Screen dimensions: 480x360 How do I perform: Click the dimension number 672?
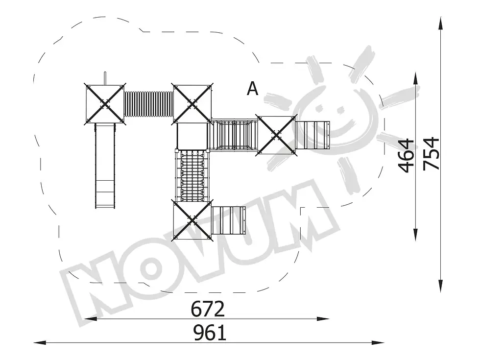(x=208, y=309)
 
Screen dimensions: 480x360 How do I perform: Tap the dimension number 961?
(x=210, y=333)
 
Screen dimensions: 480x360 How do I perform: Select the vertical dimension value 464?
(x=406, y=156)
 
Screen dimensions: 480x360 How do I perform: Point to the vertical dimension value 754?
(x=431, y=154)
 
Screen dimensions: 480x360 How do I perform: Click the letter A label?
(x=253, y=89)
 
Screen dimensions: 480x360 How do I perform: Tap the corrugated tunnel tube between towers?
(x=149, y=103)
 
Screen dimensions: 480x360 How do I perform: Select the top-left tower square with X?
(x=105, y=104)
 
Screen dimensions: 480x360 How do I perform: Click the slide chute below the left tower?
(x=105, y=166)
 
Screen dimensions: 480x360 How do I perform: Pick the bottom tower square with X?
(x=192, y=220)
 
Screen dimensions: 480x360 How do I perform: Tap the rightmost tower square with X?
(x=276, y=135)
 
